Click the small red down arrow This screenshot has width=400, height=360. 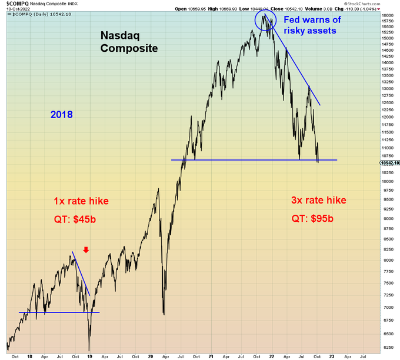click(86, 250)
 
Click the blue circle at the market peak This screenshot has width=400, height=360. click(265, 21)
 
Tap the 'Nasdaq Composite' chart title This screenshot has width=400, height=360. click(129, 42)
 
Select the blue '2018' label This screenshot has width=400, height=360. click(61, 114)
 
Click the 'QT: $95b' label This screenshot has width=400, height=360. click(312, 219)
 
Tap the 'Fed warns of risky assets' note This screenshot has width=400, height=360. click(311, 25)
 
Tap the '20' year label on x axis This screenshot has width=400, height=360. click(151, 356)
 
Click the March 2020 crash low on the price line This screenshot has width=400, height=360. click(164, 314)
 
